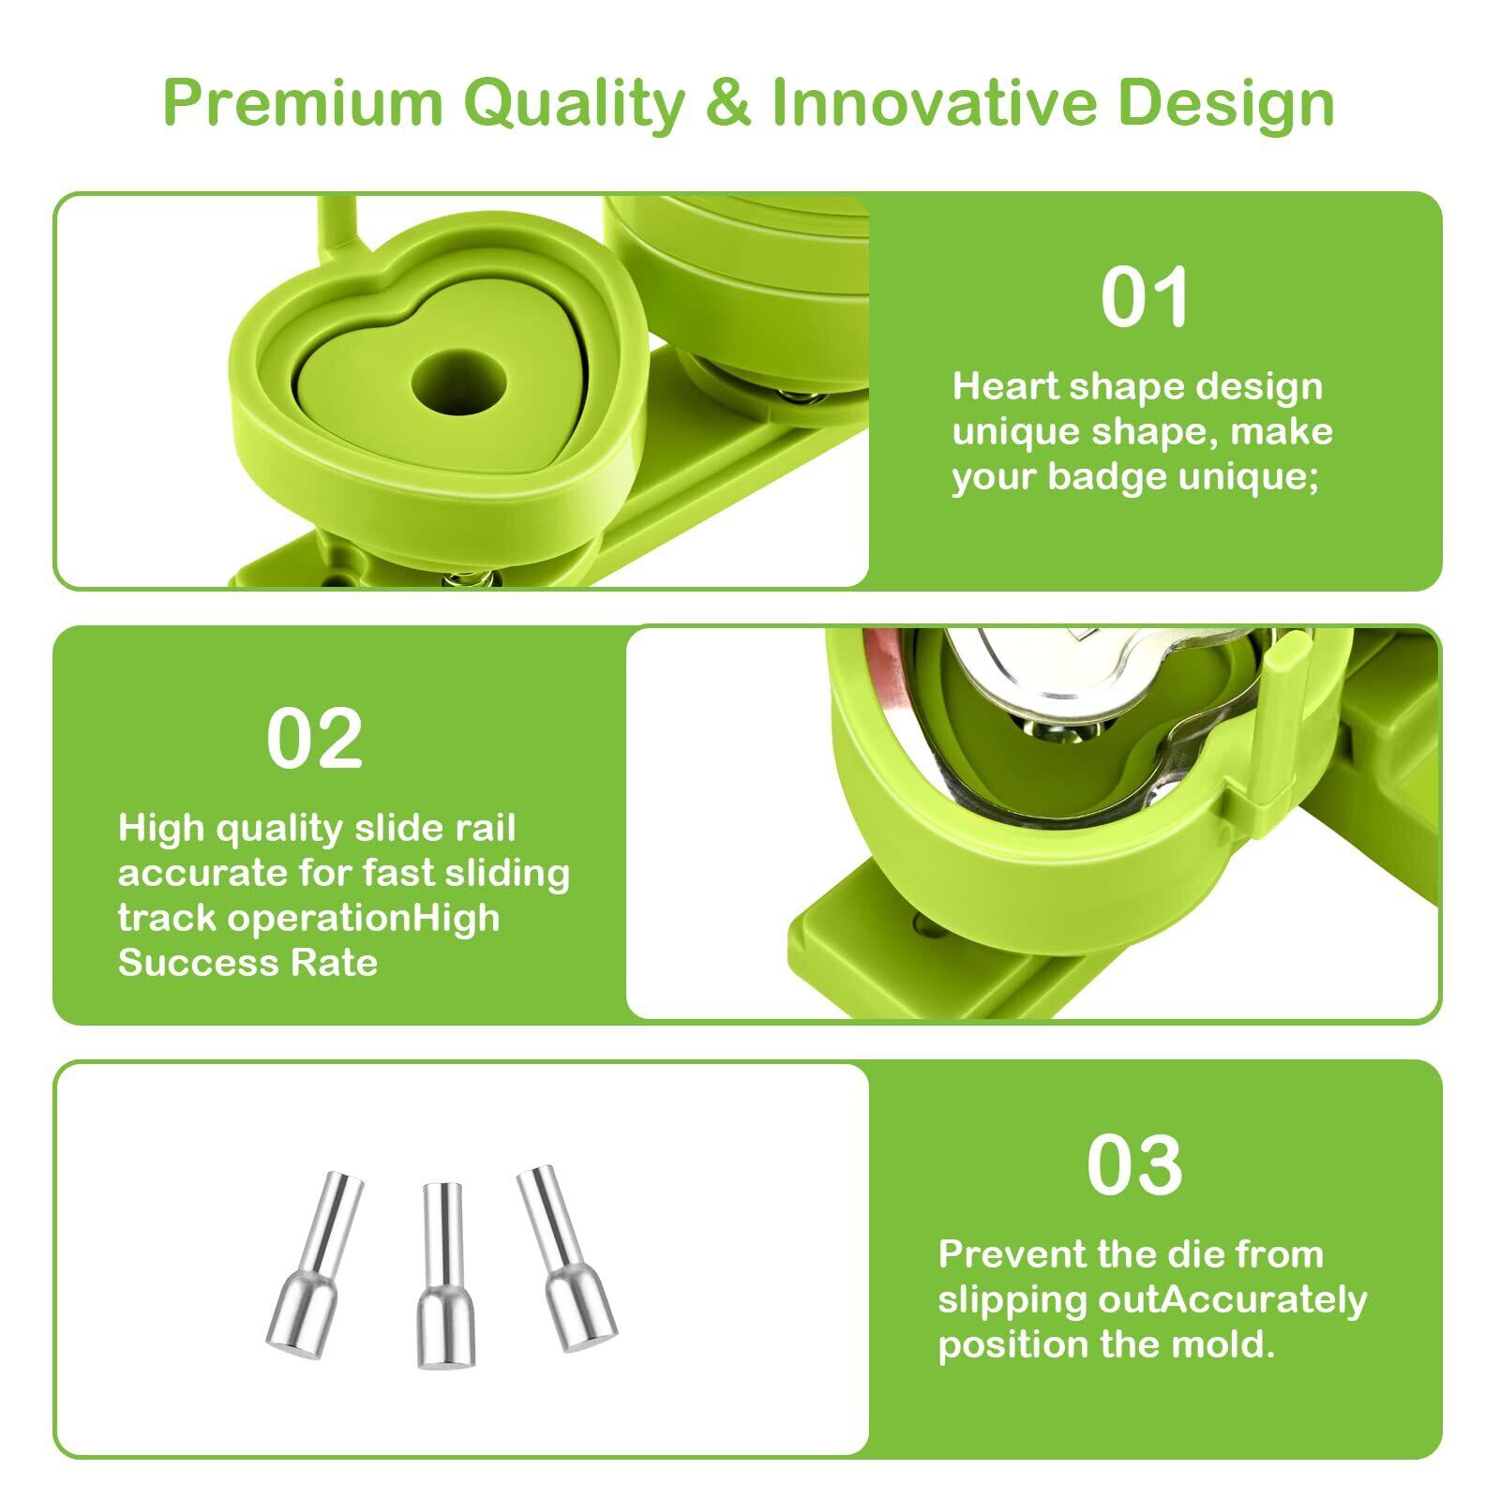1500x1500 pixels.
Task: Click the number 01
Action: (x=1145, y=297)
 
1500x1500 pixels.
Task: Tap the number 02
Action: (x=314, y=739)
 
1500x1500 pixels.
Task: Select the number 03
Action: (x=1134, y=1165)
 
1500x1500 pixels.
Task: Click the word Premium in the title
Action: (x=303, y=103)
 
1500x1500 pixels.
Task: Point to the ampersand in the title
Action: (x=728, y=102)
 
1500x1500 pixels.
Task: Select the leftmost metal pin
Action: (x=315, y=1265)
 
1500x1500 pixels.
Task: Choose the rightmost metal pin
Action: (x=567, y=1258)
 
